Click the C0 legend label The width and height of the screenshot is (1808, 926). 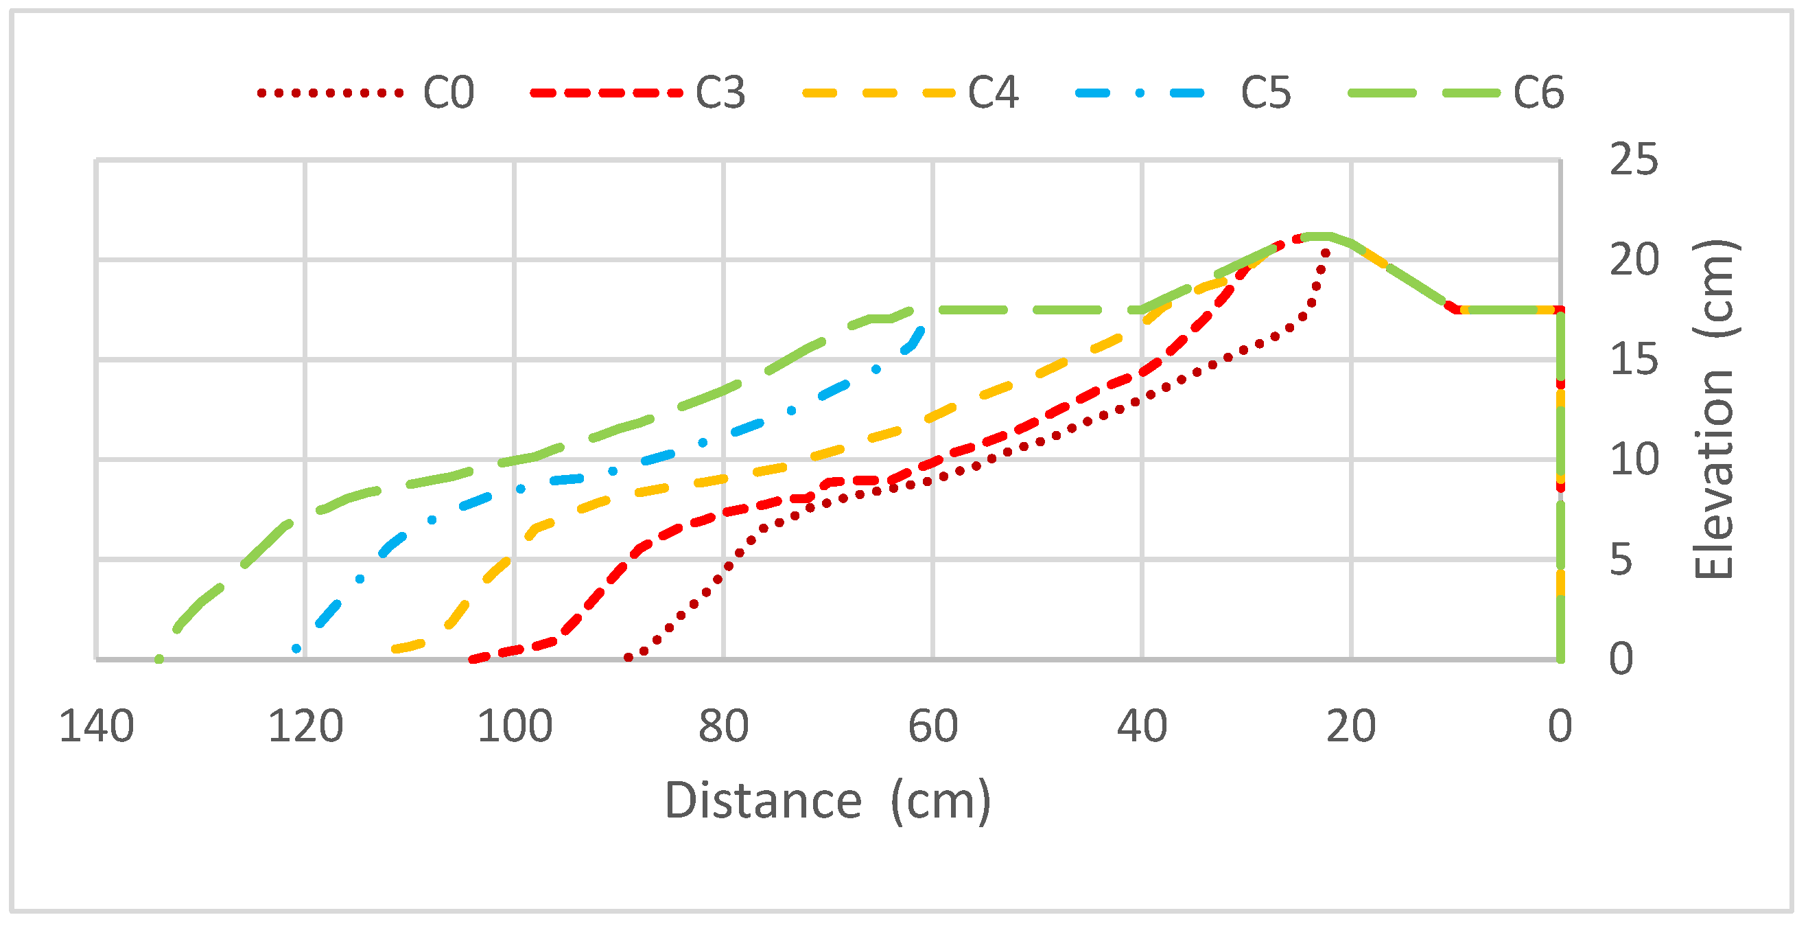tap(449, 93)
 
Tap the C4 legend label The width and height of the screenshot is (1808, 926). tap(993, 93)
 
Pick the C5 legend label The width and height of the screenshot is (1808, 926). tap(1265, 93)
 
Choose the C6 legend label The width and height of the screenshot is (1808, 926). tap(1538, 93)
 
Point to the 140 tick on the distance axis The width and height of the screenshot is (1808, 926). tap(96, 727)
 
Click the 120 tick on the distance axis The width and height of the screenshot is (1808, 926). tap(305, 727)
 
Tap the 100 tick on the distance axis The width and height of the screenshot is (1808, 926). tap(515, 727)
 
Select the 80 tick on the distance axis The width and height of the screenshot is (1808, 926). tap(724, 727)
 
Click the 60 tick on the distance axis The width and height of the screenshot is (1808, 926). tap(932, 727)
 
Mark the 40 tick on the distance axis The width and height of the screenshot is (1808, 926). tap(1142, 727)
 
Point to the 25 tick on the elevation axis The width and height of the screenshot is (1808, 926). tap(1634, 160)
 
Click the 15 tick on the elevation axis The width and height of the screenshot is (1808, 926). tap(1634, 360)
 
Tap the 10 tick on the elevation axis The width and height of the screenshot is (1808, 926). tap(1634, 460)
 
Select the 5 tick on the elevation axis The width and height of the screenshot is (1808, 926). tap(1621, 559)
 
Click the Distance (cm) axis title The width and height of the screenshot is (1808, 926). tap(827, 800)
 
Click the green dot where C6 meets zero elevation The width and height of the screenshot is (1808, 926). tap(159, 658)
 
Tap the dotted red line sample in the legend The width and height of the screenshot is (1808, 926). tap(331, 93)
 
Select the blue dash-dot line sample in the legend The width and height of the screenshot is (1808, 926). tap(1140, 93)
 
